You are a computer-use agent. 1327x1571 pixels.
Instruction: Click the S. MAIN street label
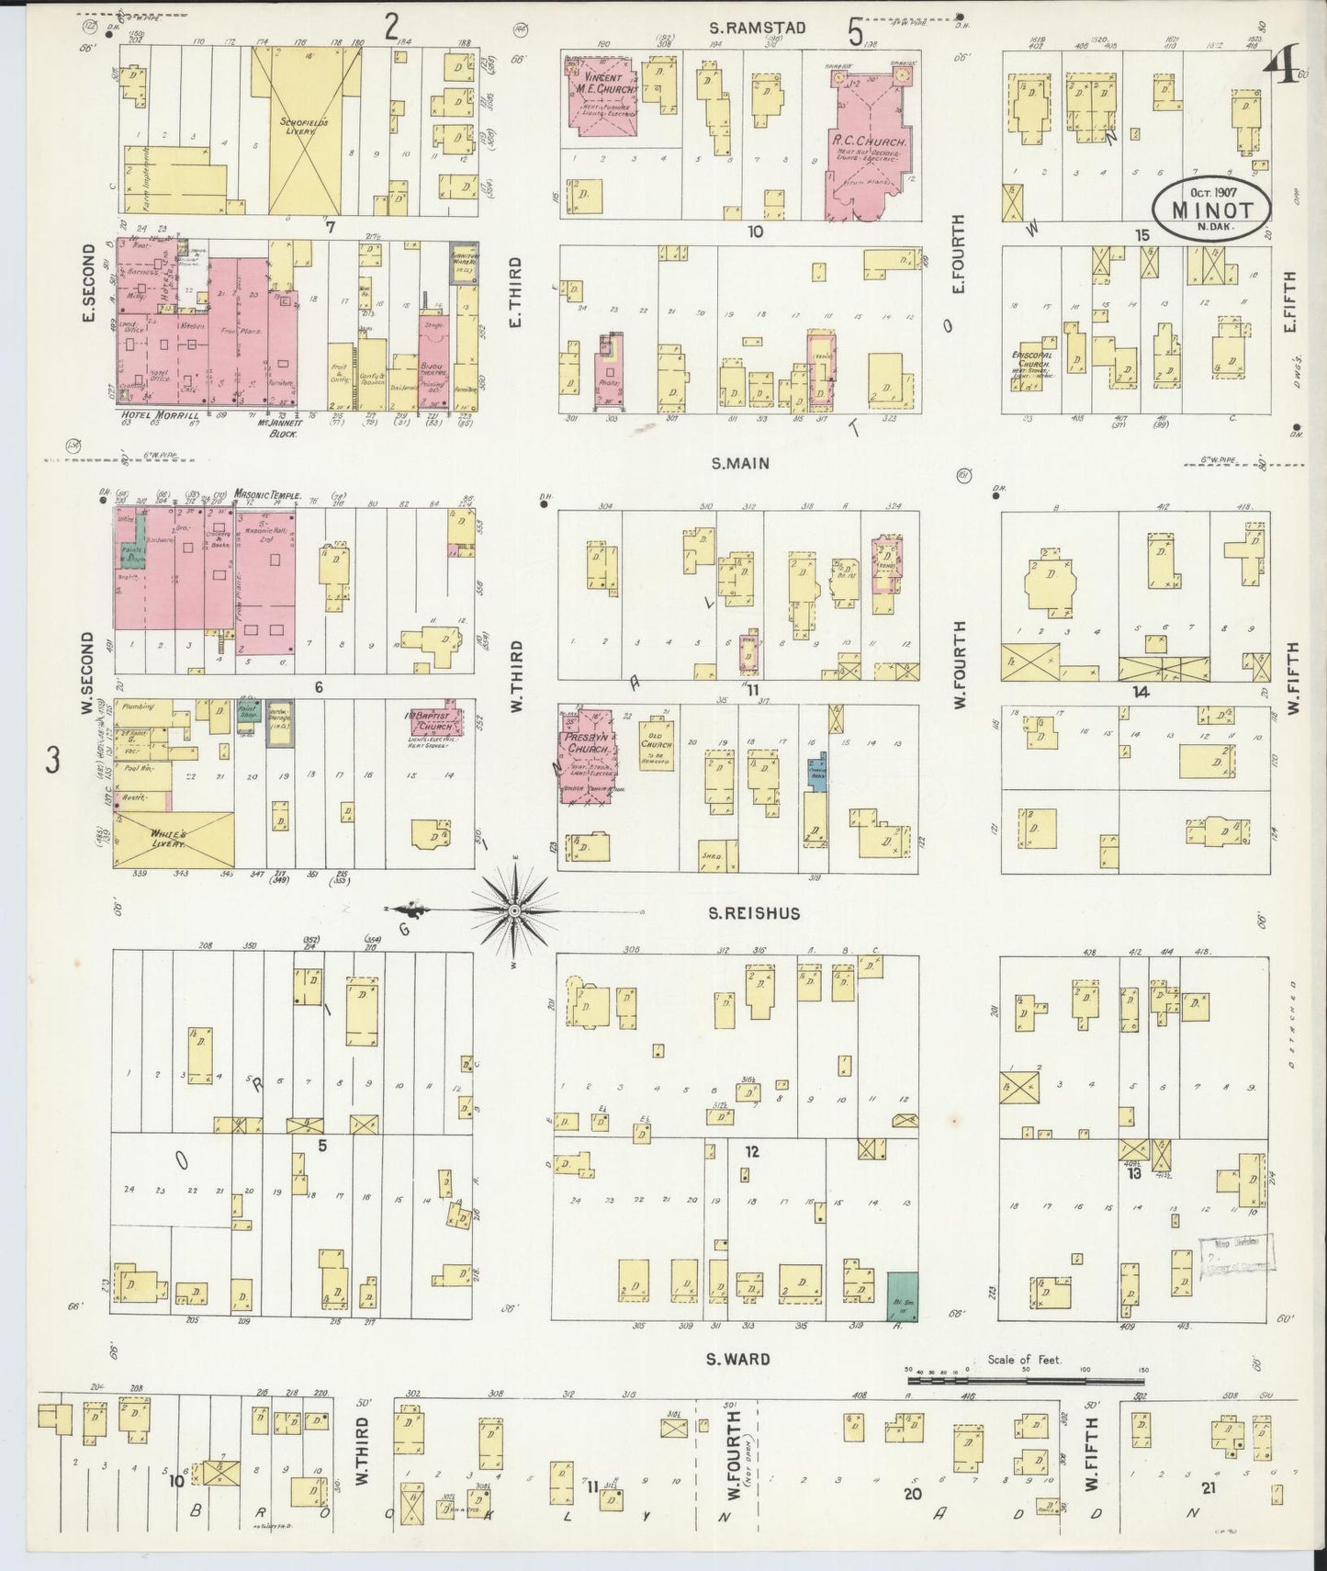click(x=739, y=464)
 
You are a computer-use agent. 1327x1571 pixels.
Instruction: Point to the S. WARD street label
click(x=738, y=1359)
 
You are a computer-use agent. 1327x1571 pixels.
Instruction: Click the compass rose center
click(x=515, y=910)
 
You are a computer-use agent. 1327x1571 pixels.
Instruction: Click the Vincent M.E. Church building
click(x=602, y=92)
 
